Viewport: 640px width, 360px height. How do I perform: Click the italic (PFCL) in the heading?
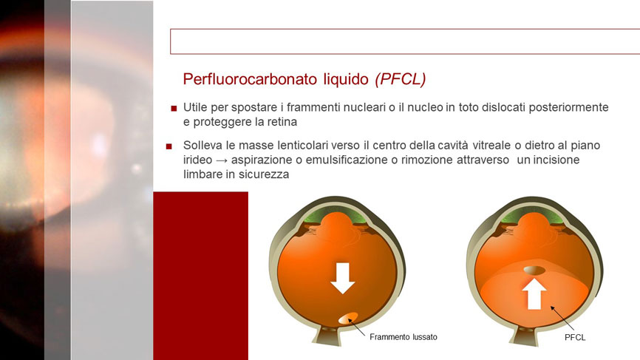[x=401, y=79]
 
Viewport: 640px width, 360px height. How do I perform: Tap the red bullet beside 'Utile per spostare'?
[x=174, y=109]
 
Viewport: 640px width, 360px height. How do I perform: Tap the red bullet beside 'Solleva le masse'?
[x=169, y=146]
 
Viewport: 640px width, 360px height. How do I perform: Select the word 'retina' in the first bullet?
[x=282, y=122]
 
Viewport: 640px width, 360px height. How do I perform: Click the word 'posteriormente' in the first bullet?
[x=568, y=108]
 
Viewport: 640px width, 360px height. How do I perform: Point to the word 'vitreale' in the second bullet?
[x=491, y=146]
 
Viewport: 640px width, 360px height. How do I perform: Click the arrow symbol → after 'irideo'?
[x=222, y=160]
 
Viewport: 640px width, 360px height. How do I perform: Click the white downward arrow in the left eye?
[x=342, y=278]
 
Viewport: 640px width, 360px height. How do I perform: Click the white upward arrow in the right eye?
[x=534, y=294]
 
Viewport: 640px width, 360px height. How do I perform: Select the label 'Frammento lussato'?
[x=404, y=337]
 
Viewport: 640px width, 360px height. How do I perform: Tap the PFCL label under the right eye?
[x=575, y=338]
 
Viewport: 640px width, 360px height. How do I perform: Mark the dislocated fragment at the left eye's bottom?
[x=348, y=318]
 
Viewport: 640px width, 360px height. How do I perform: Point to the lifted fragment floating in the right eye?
[x=534, y=270]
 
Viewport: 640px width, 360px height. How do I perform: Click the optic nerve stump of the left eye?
[x=327, y=336]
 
